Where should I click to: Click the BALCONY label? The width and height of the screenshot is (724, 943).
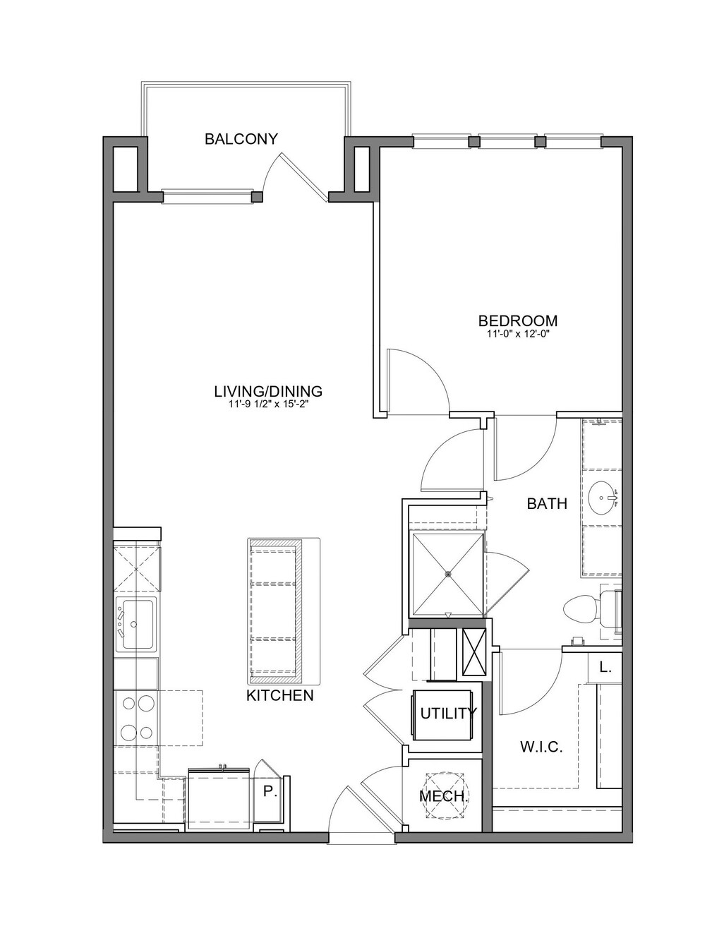(x=241, y=139)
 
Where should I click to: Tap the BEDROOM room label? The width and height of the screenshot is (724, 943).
(x=517, y=320)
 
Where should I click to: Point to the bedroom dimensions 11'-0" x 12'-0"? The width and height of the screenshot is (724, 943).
(x=517, y=335)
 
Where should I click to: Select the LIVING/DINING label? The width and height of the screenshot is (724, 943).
(x=269, y=391)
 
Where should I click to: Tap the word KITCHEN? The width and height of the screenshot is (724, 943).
(x=280, y=696)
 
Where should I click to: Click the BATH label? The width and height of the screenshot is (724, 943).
(x=547, y=504)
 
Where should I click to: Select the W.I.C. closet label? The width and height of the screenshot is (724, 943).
(x=541, y=747)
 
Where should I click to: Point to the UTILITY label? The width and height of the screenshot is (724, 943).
(x=449, y=713)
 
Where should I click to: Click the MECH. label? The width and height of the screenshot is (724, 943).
(x=444, y=796)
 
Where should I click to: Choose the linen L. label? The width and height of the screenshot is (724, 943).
(x=605, y=668)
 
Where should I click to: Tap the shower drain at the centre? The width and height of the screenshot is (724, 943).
(x=448, y=574)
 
